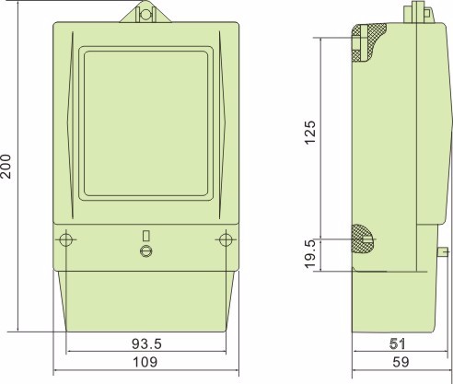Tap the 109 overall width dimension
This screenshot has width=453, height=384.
(x=145, y=364)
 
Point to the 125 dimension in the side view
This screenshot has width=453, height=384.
(x=311, y=135)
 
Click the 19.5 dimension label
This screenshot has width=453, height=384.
(x=311, y=250)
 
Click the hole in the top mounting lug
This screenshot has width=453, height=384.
(x=145, y=14)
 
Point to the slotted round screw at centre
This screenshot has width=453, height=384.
(x=145, y=251)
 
